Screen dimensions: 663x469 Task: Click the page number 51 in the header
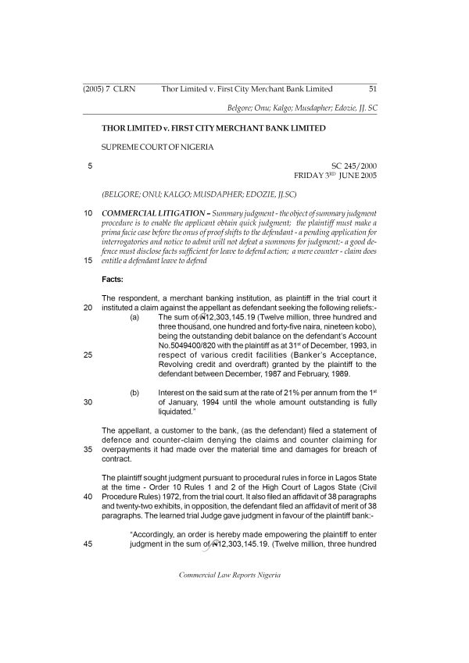click(x=372, y=89)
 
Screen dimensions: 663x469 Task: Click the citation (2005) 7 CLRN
click(x=109, y=89)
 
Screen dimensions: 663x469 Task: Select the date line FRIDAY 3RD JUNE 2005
click(x=335, y=176)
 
